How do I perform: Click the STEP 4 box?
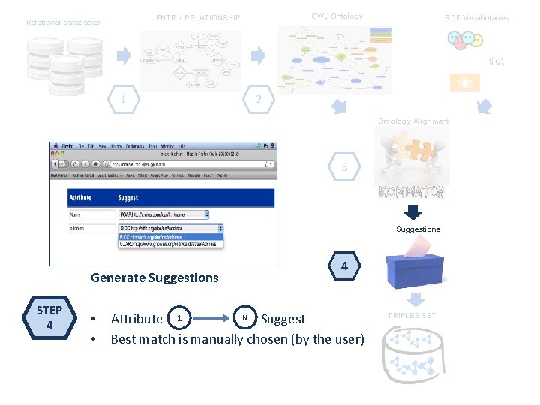coord(49,319)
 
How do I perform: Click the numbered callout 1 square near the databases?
coord(123,98)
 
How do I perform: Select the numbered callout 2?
coord(258,98)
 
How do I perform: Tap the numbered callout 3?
coord(344,167)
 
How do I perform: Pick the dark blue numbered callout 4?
coord(344,266)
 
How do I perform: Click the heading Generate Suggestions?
coord(154,277)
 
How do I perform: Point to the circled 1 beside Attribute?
coord(178,318)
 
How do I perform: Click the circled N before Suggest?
coord(244,318)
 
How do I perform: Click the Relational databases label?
coord(63,22)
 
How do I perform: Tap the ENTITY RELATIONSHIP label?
coord(198,18)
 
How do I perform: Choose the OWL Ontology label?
coord(337,16)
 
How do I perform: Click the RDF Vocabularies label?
coord(476,18)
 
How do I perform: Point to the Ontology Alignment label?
coord(413,121)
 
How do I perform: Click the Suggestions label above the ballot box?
coord(418,229)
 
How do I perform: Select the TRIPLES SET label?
coord(411,316)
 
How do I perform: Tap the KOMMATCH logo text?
coord(412,192)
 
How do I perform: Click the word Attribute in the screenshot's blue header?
coord(80,198)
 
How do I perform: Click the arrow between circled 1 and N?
coord(211,318)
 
